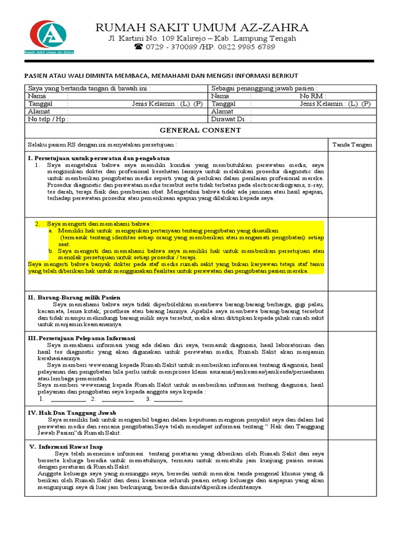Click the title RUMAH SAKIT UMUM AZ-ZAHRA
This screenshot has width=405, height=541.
point(202,27)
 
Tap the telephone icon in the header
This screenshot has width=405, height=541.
point(139,47)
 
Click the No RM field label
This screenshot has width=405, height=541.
point(313,97)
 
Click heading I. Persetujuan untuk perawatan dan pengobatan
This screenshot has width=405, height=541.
point(99,158)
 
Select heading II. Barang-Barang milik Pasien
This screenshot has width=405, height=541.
point(74,297)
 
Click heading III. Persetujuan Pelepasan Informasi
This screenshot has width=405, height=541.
point(81,338)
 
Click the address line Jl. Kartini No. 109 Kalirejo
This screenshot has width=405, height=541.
point(202,39)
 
